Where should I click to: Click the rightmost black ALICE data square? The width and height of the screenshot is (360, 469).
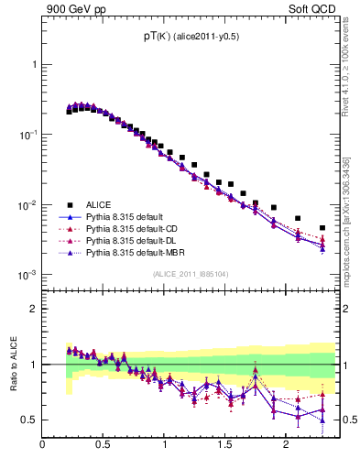coord(322,228)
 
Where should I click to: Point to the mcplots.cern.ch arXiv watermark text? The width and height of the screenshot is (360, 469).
coord(346,220)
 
